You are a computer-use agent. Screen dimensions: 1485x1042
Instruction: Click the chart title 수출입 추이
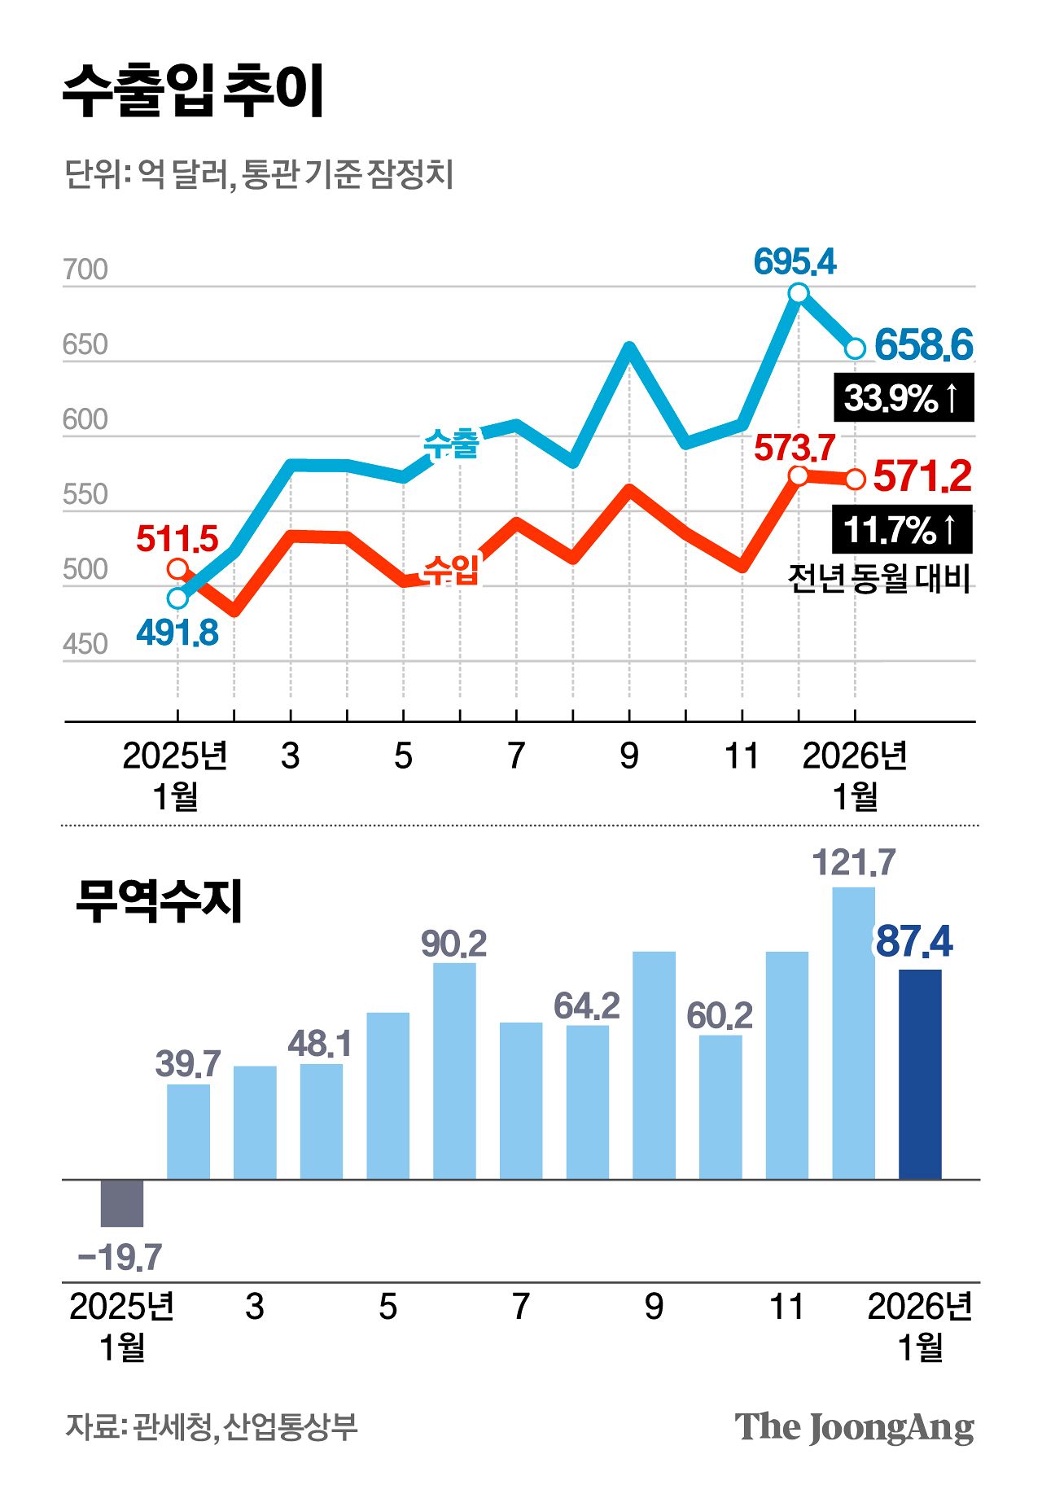(194, 91)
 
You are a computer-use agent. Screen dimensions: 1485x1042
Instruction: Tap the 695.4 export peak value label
(795, 262)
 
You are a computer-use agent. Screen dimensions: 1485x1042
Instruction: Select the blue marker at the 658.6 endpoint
(855, 348)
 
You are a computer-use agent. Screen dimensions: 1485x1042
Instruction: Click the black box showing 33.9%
(903, 398)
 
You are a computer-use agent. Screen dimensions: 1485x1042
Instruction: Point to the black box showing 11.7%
(902, 530)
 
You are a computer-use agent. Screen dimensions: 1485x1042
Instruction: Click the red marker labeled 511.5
(177, 568)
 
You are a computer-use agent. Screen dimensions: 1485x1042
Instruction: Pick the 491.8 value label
(177, 633)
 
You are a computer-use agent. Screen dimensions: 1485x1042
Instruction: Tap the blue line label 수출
(451, 444)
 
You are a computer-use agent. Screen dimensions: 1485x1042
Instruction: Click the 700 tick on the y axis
(85, 270)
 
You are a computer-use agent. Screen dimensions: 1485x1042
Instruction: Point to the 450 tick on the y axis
(85, 645)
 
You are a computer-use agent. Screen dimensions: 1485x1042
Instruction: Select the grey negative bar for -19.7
(122, 1202)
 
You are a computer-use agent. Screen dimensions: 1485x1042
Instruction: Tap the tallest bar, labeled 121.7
(853, 1032)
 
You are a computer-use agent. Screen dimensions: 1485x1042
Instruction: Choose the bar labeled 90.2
(454, 1070)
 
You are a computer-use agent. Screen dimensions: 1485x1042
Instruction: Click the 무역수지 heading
(159, 901)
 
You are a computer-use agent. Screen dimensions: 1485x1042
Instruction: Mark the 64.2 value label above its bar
(587, 1007)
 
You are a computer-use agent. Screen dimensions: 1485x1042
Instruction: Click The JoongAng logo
(854, 1427)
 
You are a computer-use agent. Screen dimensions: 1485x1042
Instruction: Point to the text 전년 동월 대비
(879, 580)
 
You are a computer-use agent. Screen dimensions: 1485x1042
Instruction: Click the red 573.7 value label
(795, 449)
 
